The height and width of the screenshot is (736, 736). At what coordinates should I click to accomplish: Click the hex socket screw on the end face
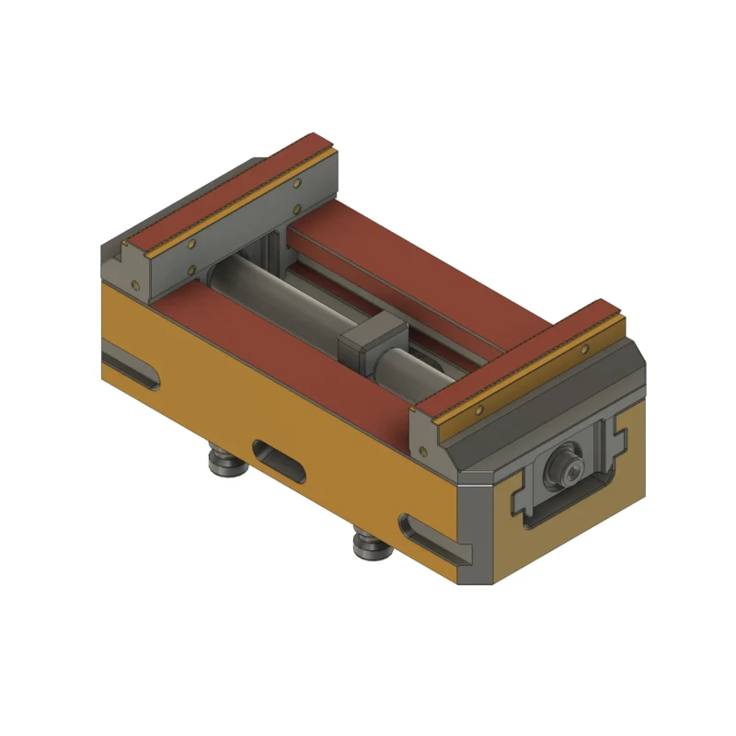(x=562, y=470)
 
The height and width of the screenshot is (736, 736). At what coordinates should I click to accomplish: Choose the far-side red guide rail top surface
(x=414, y=267)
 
